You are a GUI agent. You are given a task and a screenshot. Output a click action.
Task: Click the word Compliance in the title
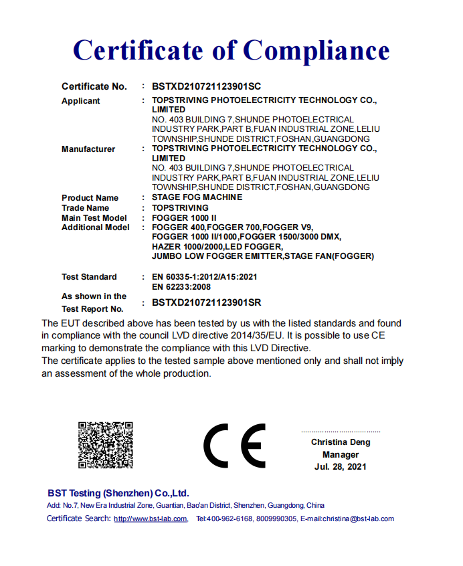coord(316,50)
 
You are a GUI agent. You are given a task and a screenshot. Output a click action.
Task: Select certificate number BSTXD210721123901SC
coord(206,86)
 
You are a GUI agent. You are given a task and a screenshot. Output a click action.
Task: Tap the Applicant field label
coord(81,101)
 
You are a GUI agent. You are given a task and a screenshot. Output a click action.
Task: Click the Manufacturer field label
coord(88,149)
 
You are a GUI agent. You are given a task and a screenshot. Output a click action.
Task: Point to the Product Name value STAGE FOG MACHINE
coord(197,197)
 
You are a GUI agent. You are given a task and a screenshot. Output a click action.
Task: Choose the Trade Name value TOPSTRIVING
coord(180,208)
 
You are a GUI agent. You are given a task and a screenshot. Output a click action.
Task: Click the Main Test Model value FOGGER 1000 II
coord(184,218)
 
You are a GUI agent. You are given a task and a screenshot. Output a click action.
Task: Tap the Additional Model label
coord(96,227)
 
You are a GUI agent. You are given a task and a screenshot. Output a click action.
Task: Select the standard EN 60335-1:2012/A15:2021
coord(205,276)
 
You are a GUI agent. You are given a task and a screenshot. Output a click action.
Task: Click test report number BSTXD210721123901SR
coord(206,302)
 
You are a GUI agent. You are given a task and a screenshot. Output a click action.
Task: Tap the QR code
coord(106,444)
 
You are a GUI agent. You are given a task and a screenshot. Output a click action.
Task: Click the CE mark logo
coord(234,446)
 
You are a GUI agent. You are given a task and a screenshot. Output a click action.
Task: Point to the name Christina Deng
coord(341,442)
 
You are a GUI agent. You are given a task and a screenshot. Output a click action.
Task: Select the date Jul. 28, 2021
coord(341,466)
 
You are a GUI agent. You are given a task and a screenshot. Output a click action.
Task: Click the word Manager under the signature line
coord(341,454)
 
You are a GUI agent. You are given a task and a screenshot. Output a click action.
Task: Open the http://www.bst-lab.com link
coord(151,519)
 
